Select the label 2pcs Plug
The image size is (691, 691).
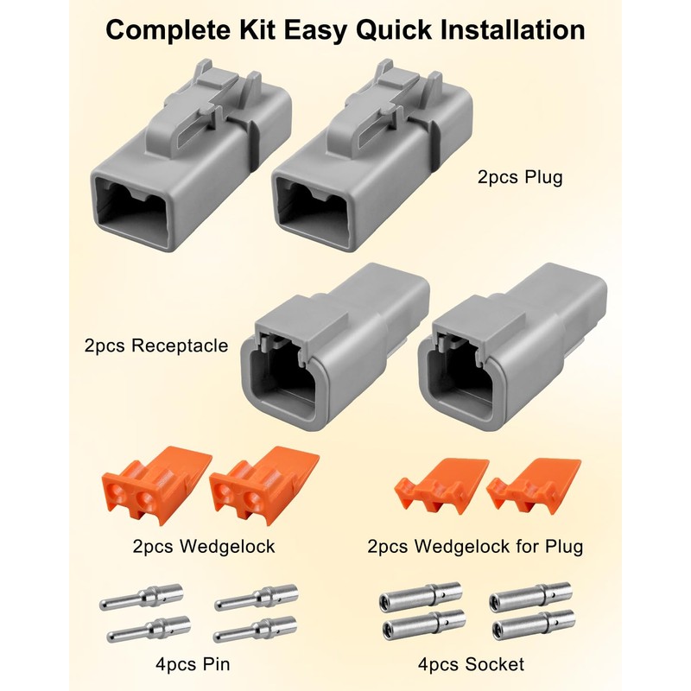click(x=519, y=179)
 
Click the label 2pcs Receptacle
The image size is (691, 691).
click(x=156, y=345)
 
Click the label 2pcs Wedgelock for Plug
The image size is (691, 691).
click(x=474, y=546)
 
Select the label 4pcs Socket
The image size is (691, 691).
click(x=471, y=665)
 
